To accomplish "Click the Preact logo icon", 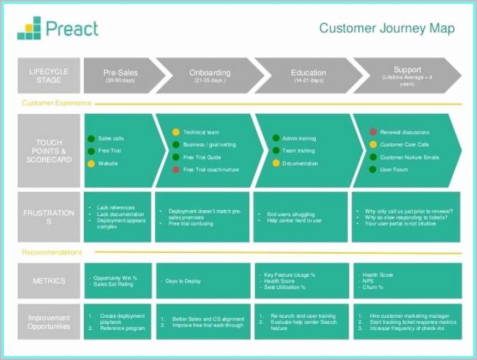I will (29, 28).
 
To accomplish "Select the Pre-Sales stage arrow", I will (121, 75).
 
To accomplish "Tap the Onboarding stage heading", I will (210, 72).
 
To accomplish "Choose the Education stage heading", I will (308, 72).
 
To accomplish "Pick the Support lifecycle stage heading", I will (407, 70).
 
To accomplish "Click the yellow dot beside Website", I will (91, 164).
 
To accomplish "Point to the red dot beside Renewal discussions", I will (373, 132).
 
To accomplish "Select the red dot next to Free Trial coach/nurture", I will (176, 169).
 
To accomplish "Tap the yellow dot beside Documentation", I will (276, 164).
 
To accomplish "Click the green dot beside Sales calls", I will (91, 138).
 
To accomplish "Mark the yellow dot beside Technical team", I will (176, 132).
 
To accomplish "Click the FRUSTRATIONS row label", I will (50, 217).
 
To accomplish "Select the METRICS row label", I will (49, 281).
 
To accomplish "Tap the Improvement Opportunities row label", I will (49, 322).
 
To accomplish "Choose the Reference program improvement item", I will (123, 328).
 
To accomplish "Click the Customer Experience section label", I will (57, 103).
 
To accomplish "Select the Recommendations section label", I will (52, 252).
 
